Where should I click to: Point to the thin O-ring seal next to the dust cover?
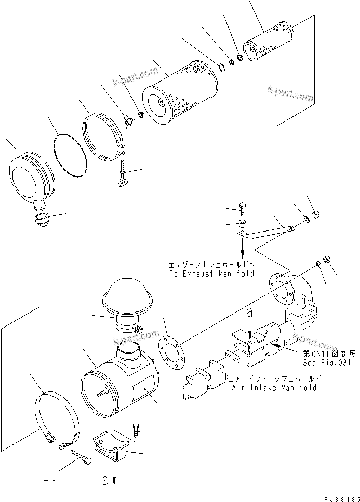[70, 154]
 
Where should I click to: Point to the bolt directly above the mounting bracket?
[137, 428]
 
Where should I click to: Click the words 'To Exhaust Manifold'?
[211, 273]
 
